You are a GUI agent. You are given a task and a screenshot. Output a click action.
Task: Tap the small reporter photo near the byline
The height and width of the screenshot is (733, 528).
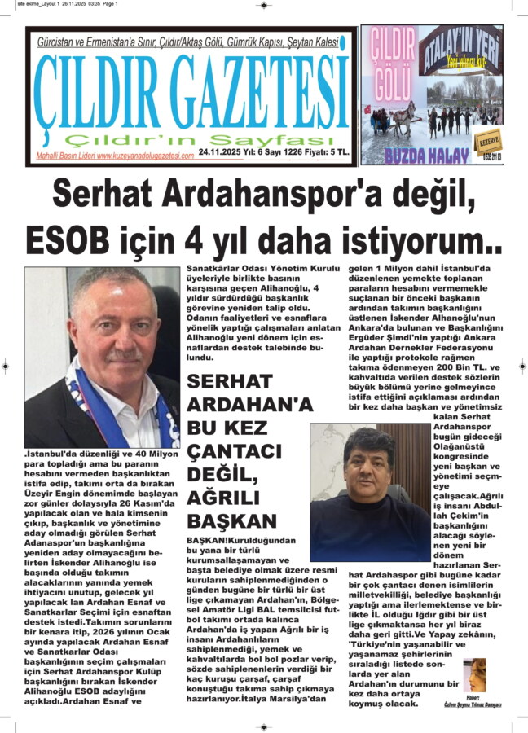coord(475,674)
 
